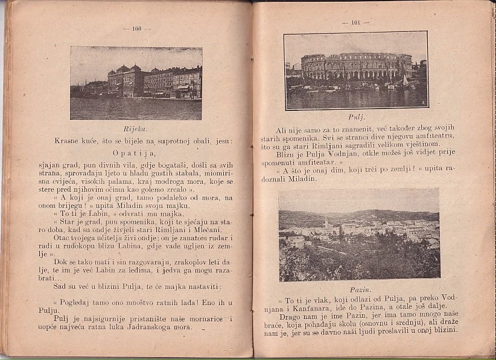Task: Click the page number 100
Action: tap(136, 28)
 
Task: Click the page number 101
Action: tap(355, 23)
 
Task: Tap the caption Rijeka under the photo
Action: tap(135, 129)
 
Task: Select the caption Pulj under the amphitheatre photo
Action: tap(357, 117)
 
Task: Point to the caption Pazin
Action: tap(360, 290)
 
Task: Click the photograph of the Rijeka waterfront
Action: tap(136, 83)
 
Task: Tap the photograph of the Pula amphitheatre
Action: tap(356, 70)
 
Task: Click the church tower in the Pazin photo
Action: tap(326, 224)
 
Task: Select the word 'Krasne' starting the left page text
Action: tap(68, 141)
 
